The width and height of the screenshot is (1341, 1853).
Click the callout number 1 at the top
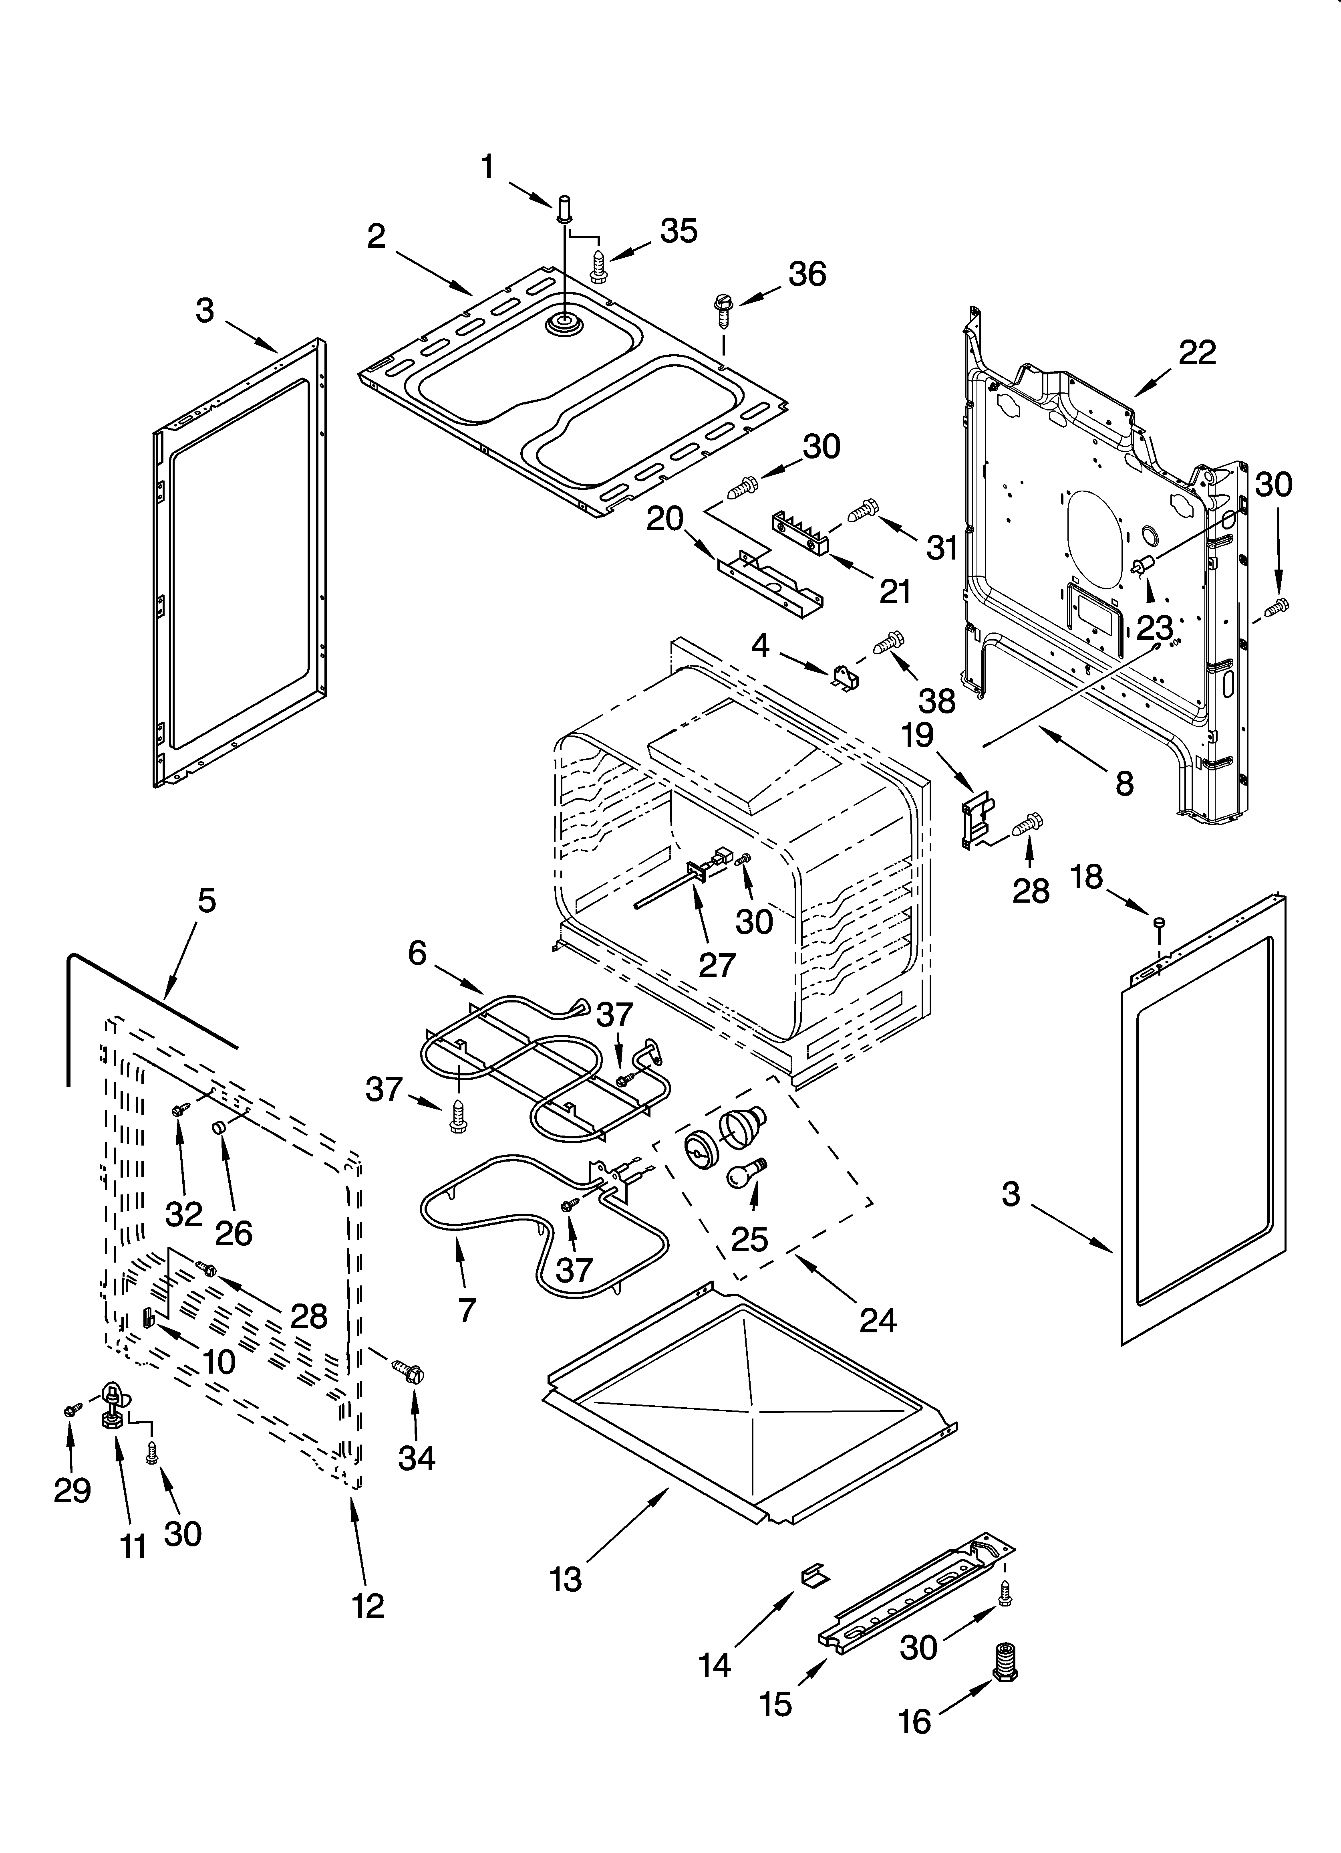487,168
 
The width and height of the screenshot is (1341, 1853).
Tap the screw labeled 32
179,1109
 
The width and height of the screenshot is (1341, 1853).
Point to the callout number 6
417,953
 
